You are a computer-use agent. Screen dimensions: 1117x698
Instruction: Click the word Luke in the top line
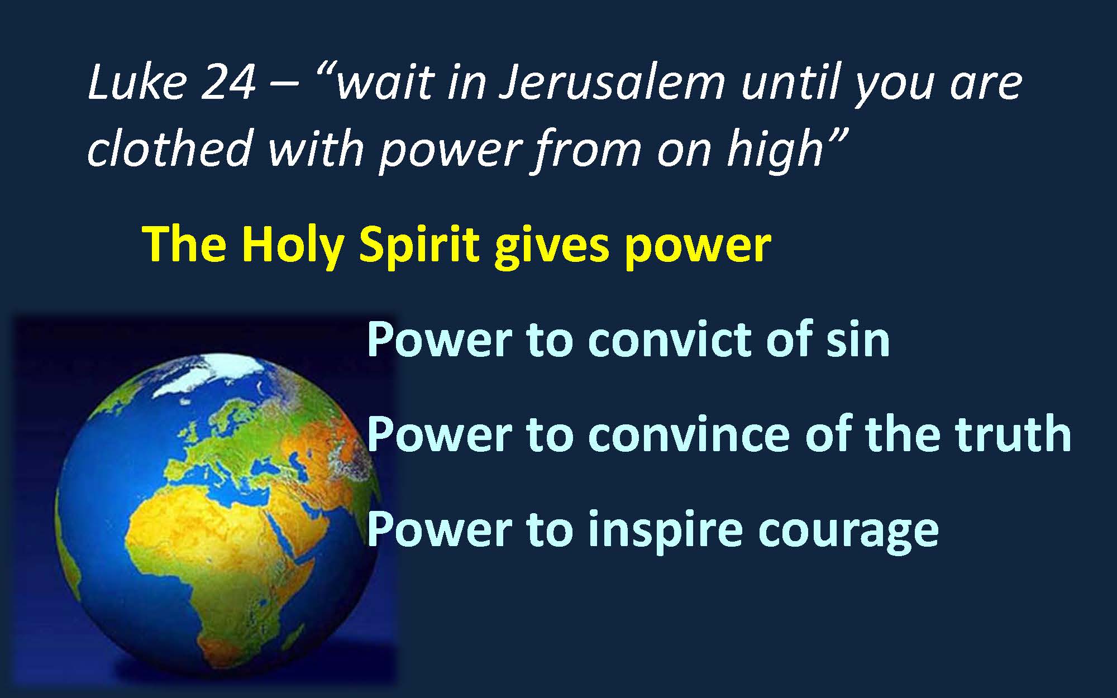tap(137, 82)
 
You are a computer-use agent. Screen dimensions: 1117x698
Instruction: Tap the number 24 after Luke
tap(228, 83)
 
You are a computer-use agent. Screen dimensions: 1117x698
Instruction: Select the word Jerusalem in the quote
tap(611, 83)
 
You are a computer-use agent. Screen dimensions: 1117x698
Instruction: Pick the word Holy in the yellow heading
tap(292, 246)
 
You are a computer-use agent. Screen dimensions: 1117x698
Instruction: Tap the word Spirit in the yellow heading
tap(419, 246)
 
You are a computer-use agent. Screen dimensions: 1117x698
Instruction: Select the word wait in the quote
tap(385, 83)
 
